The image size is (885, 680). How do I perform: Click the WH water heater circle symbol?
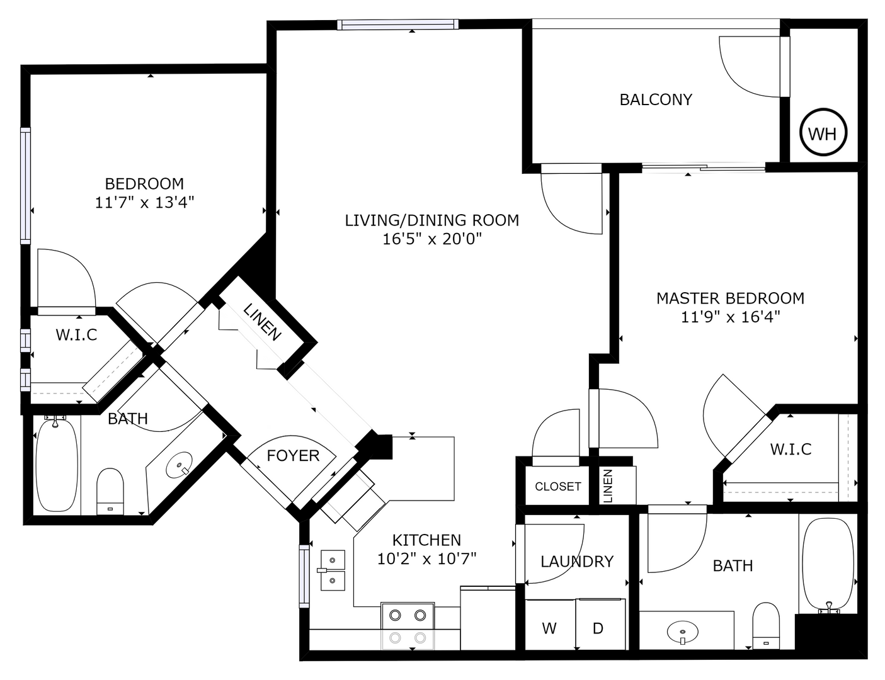pyautogui.click(x=823, y=133)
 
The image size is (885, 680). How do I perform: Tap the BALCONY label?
pyautogui.click(x=656, y=99)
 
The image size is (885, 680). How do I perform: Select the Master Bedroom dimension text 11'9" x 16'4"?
pyautogui.click(x=731, y=317)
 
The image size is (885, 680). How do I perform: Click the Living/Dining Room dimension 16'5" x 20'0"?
pyautogui.click(x=432, y=239)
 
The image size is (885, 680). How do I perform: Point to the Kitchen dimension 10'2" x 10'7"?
pyautogui.click(x=426, y=558)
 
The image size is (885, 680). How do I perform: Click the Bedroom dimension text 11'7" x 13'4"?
pyautogui.click(x=144, y=203)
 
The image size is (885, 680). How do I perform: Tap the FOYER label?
pyautogui.click(x=293, y=455)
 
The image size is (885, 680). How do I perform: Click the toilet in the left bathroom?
pyautogui.click(x=110, y=490)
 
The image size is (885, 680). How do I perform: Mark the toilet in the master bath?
pyautogui.click(x=765, y=625)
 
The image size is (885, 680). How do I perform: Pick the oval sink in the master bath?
pyautogui.click(x=682, y=631)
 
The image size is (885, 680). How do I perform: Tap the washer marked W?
pyautogui.click(x=549, y=628)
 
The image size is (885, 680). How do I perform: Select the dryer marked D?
pyautogui.click(x=598, y=628)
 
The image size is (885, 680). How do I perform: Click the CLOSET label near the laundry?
pyautogui.click(x=557, y=487)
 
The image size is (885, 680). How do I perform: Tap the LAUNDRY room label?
pyautogui.click(x=577, y=561)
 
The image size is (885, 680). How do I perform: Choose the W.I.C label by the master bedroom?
pyautogui.click(x=791, y=449)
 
